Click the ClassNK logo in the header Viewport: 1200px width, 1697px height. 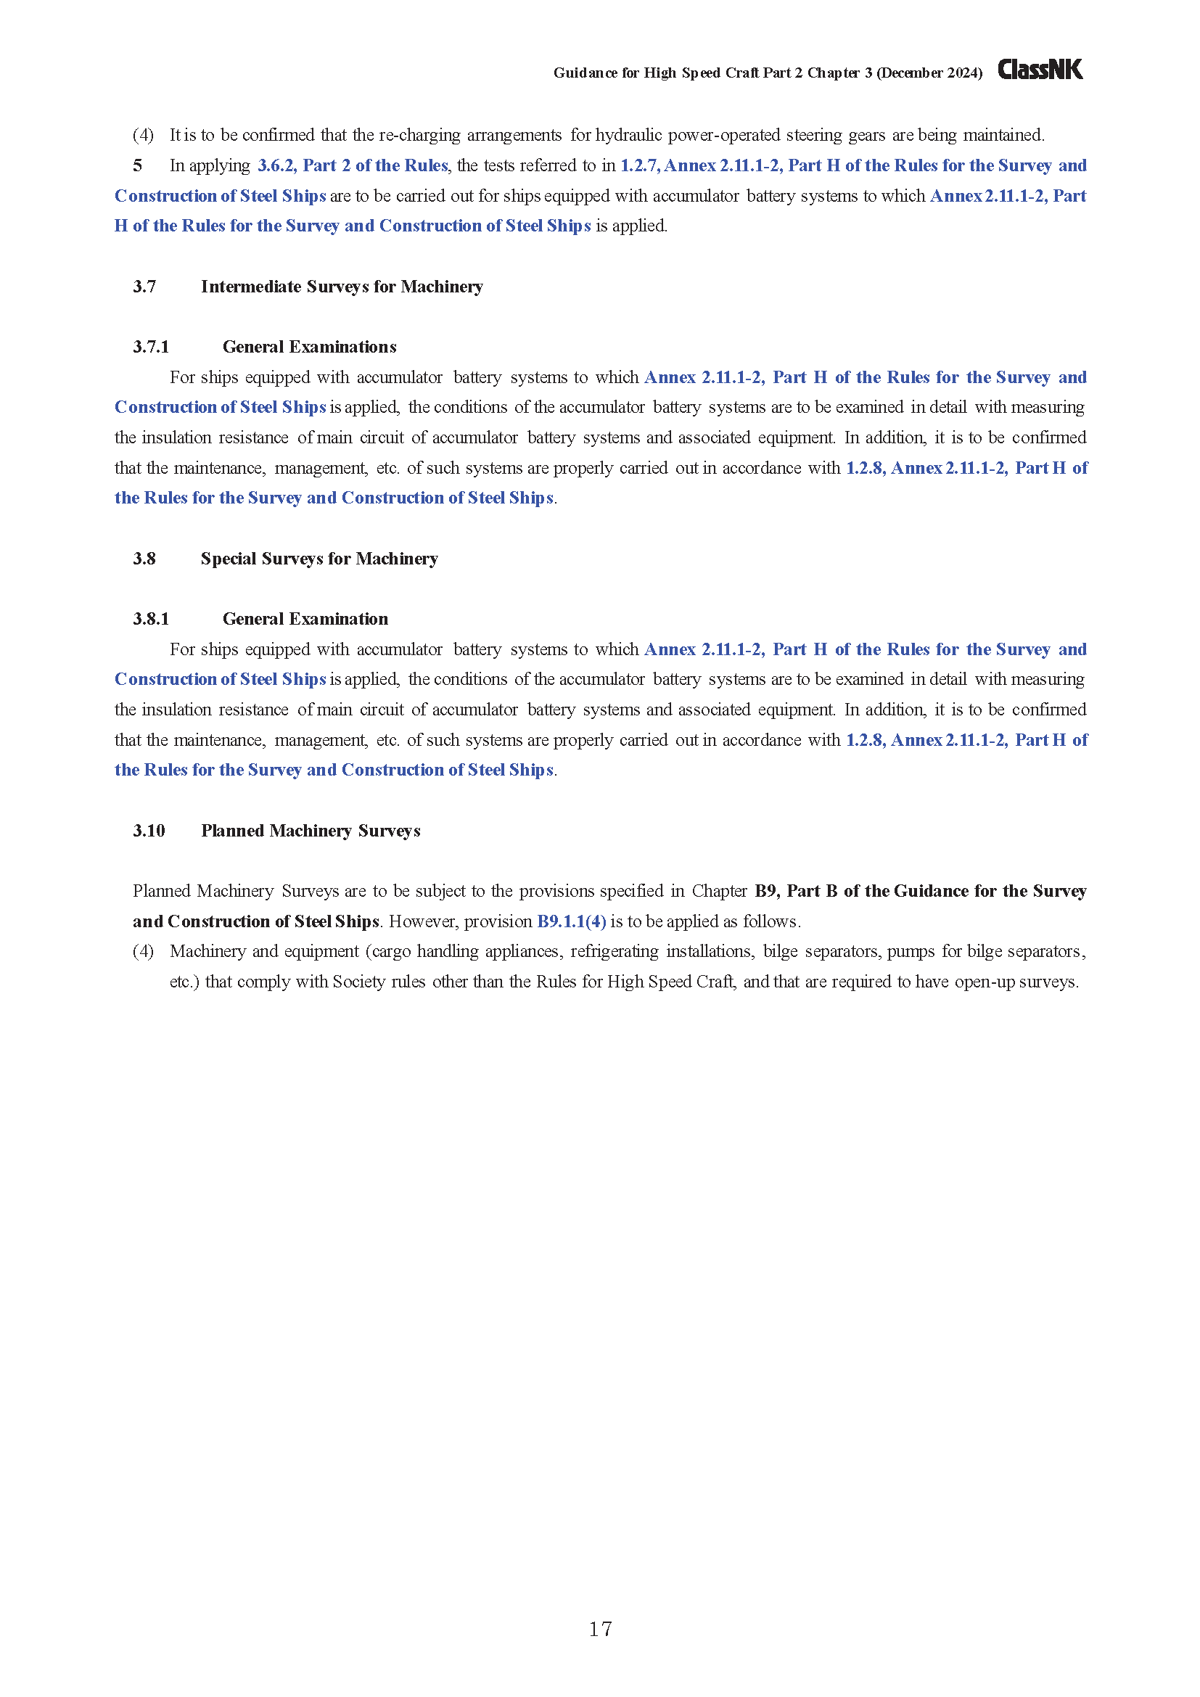point(1040,70)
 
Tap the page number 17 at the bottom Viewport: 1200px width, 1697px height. point(600,1628)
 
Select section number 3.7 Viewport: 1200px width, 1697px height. point(144,287)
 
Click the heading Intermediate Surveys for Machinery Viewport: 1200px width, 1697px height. point(342,287)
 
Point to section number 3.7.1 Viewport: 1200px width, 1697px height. point(151,347)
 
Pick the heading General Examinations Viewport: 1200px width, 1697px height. point(309,347)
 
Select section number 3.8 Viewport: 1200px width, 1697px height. point(144,559)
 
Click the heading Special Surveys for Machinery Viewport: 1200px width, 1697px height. point(319,559)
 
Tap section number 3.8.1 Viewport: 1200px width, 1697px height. point(151,619)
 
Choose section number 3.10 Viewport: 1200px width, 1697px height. point(149,831)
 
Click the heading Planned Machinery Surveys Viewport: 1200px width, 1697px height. point(311,831)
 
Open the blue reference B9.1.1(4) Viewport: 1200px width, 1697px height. point(571,921)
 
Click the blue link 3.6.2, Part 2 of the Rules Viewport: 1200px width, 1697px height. point(353,165)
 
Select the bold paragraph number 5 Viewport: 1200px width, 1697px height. point(137,165)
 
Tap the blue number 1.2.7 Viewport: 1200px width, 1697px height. point(639,165)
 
